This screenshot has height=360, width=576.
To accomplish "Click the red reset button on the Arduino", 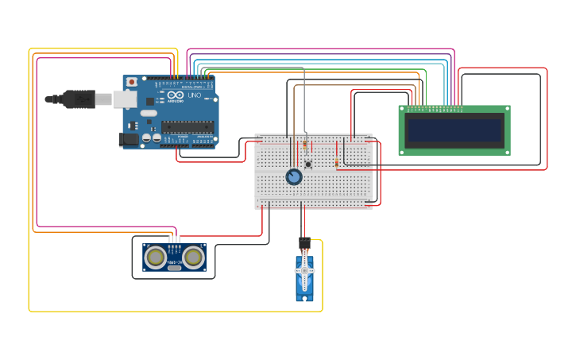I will [x=132, y=81].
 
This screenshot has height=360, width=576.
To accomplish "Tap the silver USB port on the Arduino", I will [x=124, y=99].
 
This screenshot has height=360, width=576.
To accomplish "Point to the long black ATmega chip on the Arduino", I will [x=187, y=126].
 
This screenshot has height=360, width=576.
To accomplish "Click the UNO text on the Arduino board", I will [x=194, y=96].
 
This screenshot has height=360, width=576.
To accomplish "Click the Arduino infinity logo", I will [x=175, y=96].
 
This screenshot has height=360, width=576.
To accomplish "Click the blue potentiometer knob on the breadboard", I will [x=294, y=176].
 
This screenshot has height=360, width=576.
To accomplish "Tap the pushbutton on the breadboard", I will [x=308, y=165].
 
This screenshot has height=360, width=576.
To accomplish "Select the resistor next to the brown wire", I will [x=305, y=145].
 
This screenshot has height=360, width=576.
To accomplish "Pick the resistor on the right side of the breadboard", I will [x=336, y=163].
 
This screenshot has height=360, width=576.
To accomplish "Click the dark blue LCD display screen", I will [x=454, y=130].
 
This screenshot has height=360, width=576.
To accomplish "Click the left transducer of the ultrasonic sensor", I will [x=156, y=257].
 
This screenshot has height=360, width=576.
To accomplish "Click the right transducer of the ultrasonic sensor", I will [x=194, y=257].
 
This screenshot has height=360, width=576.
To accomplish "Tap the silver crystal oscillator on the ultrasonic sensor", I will [x=175, y=268].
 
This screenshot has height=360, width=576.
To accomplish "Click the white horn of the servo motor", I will [x=304, y=271].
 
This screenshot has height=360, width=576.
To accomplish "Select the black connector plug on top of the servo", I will [x=304, y=242].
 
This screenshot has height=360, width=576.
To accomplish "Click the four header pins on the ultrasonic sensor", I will [x=175, y=238].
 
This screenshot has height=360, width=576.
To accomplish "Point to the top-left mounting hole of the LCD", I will [x=402, y=110].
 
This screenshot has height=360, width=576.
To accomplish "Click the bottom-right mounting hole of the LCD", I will [x=507, y=151].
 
